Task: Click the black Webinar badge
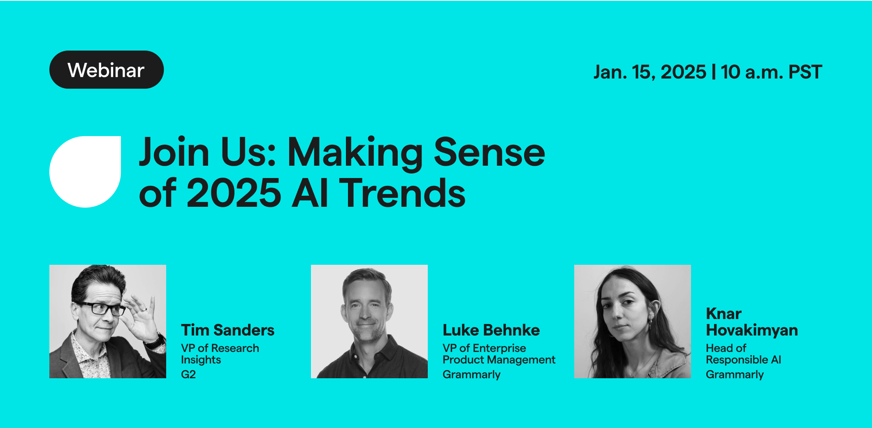coord(106,70)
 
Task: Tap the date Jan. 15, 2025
coord(649,72)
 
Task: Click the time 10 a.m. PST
coord(771,72)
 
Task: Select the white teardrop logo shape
coord(85,171)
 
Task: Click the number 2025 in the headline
coord(234,193)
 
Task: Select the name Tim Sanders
coord(227,330)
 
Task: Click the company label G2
coord(188,375)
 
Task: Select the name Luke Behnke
coord(491,330)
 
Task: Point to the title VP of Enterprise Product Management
coord(499,354)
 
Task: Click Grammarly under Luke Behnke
coord(471,375)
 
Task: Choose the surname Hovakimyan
coord(752,330)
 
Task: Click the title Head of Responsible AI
coord(743,354)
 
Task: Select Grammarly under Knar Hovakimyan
coord(735,375)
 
